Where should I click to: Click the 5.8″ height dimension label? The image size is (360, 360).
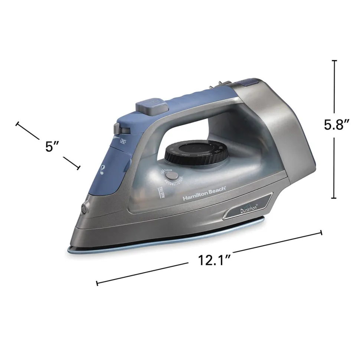point(337,125)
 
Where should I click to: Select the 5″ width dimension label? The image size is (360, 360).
point(53,146)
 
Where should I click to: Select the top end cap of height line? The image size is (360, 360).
point(334,60)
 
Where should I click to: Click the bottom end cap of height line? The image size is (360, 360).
point(334,199)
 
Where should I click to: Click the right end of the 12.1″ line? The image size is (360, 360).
point(321,233)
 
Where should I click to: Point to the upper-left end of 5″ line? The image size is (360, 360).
point(17,124)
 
